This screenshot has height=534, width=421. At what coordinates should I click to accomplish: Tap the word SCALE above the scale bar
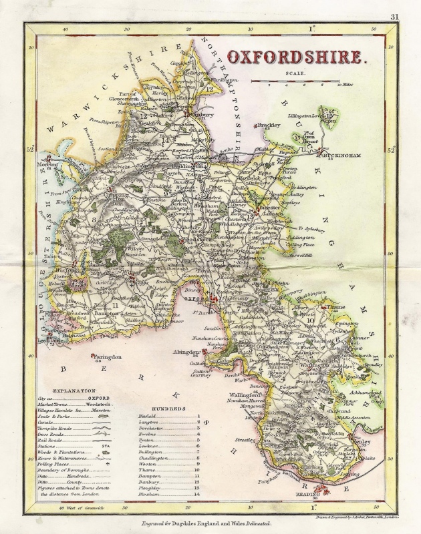[294, 74]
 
